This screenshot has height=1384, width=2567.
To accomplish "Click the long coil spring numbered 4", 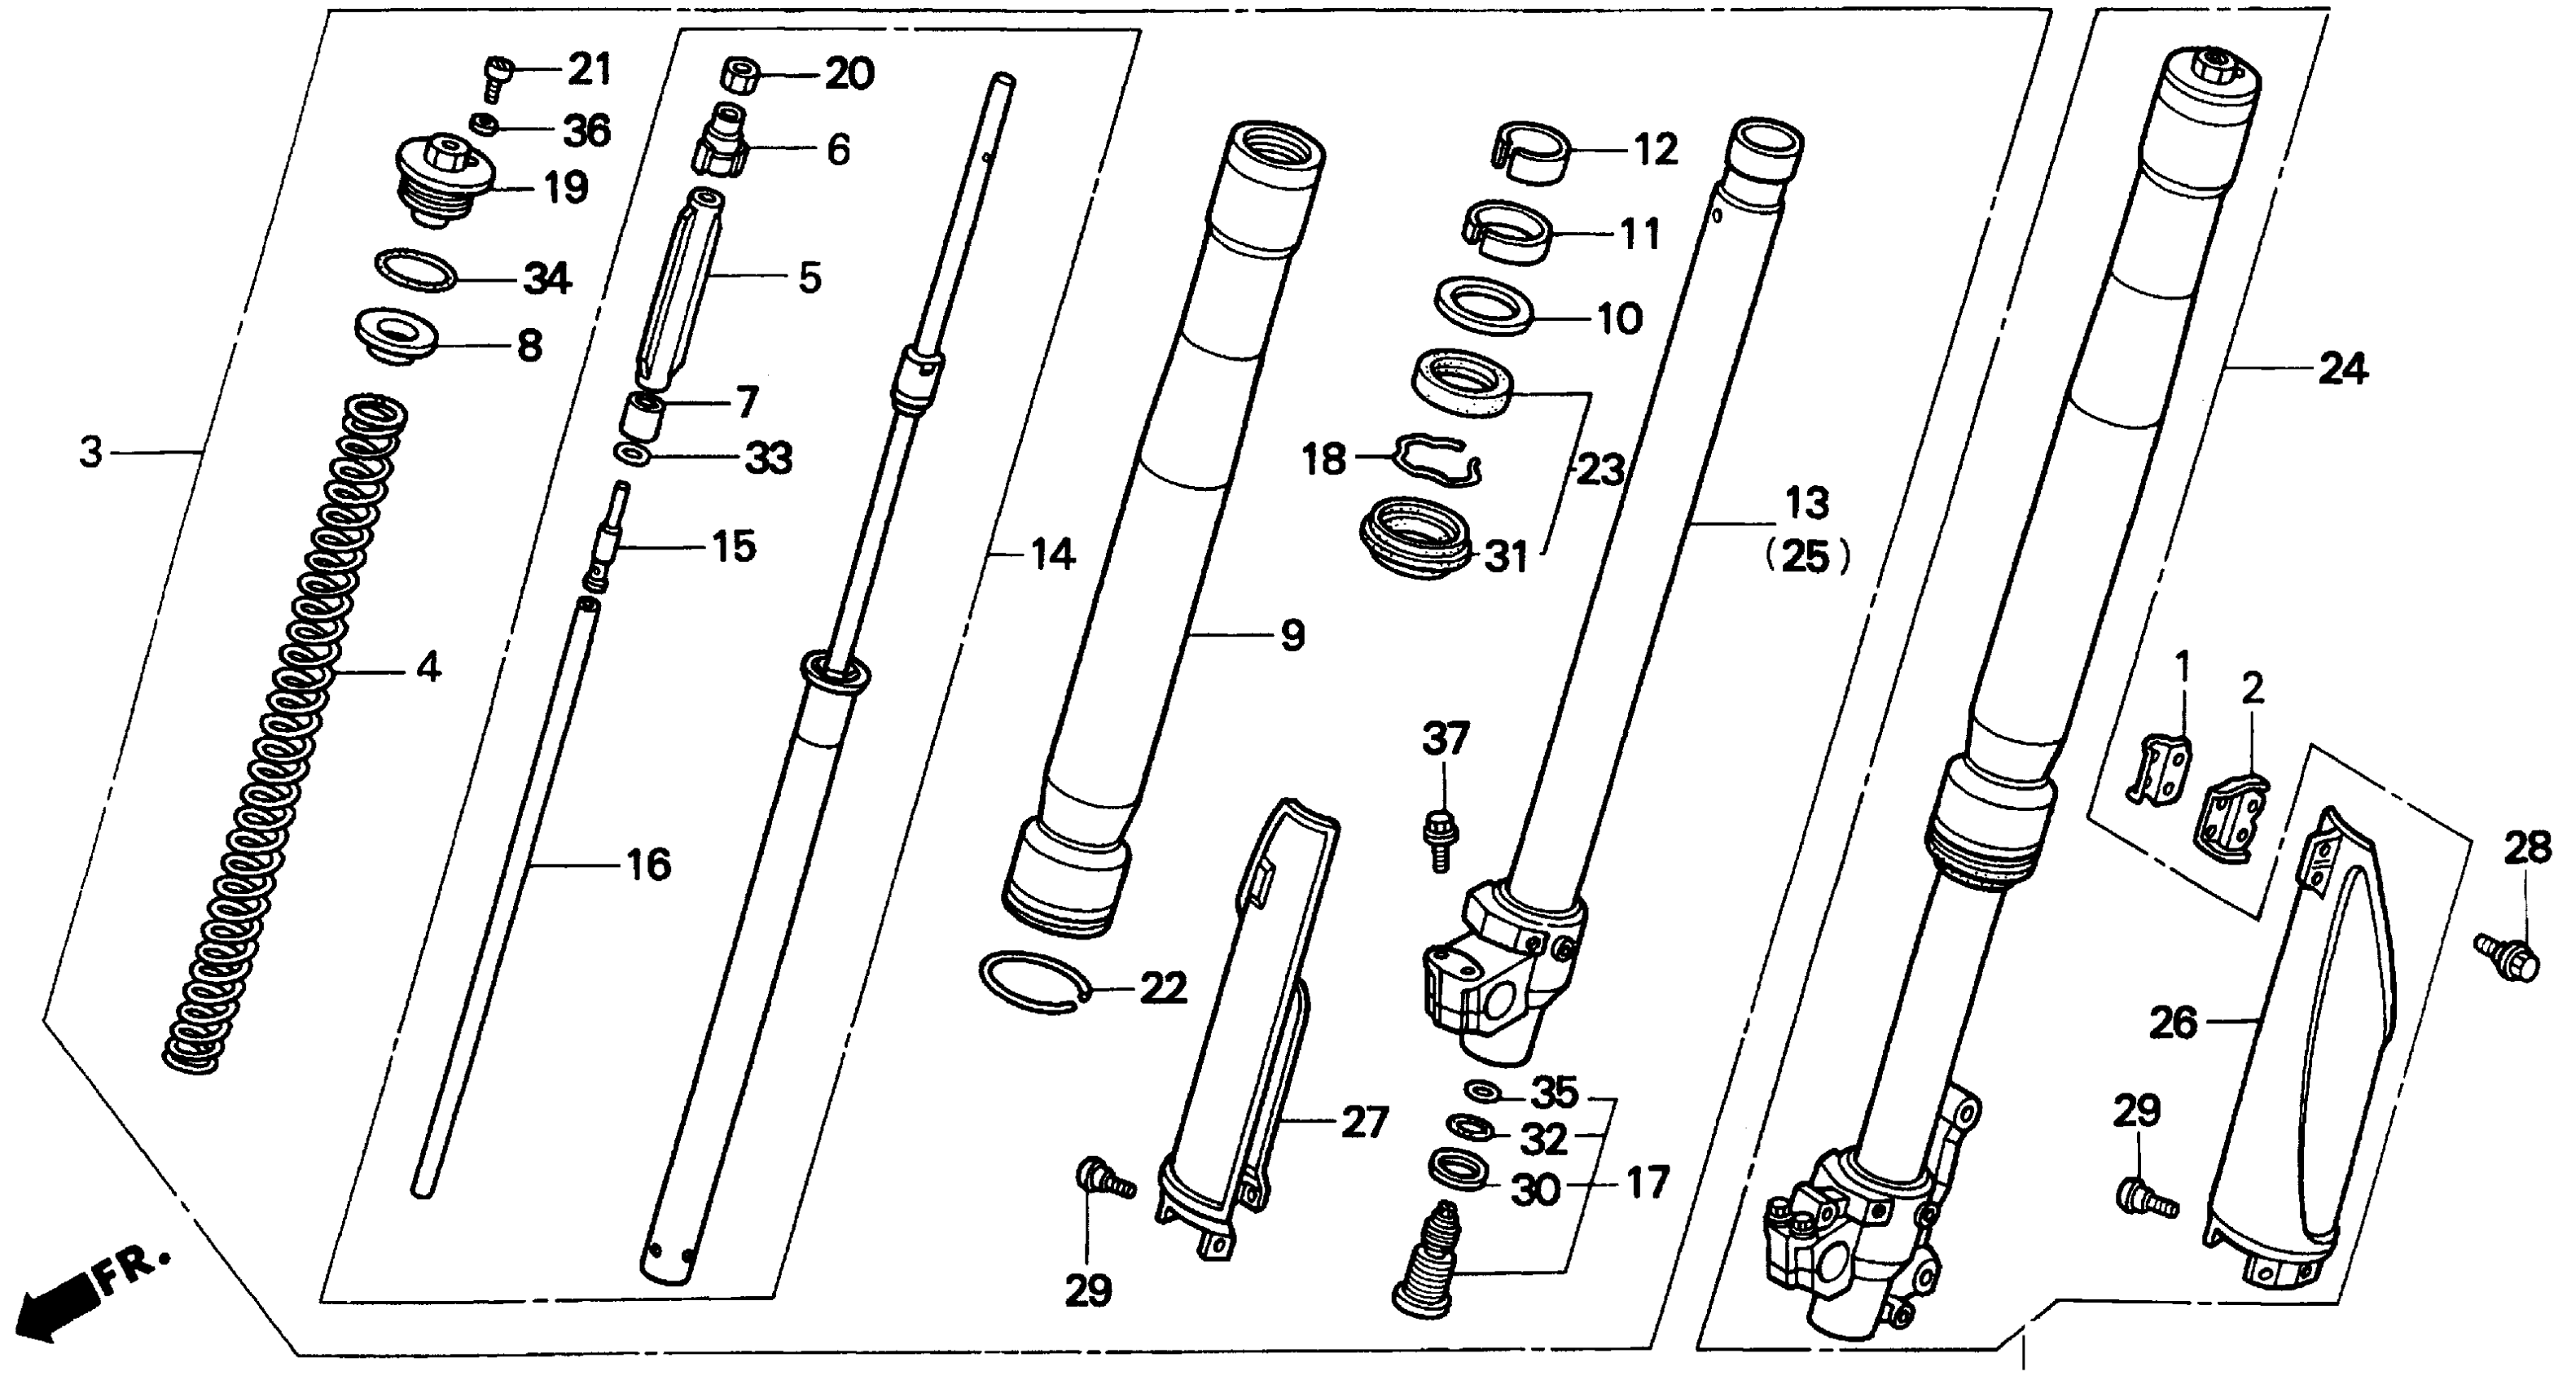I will click(284, 733).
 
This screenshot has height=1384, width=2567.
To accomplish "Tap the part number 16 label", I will click(649, 864).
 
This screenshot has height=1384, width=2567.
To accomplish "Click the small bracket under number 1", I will click(2161, 783).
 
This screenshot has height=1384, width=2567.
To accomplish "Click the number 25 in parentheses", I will click(1806, 558).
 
